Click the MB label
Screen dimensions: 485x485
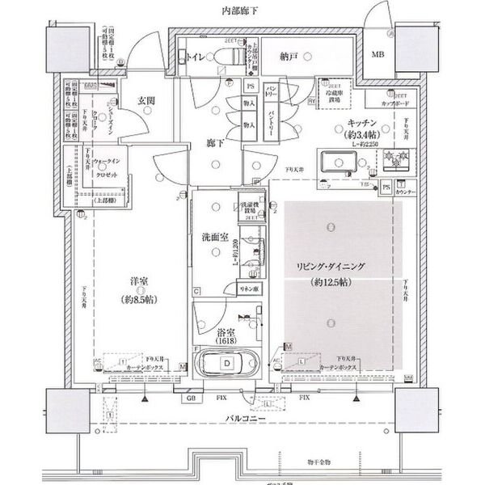coord(378,55)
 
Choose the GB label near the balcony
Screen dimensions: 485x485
coord(191,399)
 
